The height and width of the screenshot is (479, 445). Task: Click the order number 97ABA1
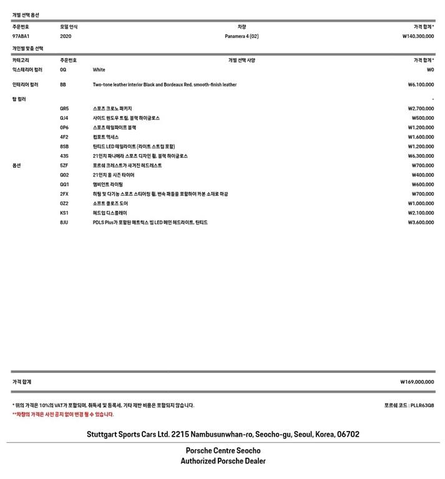point(21,36)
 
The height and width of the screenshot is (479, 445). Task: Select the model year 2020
point(66,36)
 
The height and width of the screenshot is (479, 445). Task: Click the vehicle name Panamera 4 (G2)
point(242,36)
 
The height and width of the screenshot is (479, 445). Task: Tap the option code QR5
point(64,108)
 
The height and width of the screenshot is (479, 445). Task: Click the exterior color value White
point(99,70)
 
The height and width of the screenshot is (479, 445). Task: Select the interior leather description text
point(165,84)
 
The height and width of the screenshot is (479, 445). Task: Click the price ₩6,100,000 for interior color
point(421,84)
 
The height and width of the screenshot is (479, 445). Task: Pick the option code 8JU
point(64,222)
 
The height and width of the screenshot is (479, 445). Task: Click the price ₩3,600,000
point(421,222)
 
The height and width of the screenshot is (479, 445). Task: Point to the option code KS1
point(64,213)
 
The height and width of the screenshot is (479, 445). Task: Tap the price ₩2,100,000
point(421,213)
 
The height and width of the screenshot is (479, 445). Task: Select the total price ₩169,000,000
point(417,382)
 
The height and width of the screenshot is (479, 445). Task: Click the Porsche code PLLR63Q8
point(409,405)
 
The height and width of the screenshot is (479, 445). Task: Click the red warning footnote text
point(63,414)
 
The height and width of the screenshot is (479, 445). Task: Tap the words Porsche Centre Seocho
point(223,450)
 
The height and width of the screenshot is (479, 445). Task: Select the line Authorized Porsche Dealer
point(223,461)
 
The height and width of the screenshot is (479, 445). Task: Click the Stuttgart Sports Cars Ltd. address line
point(223,434)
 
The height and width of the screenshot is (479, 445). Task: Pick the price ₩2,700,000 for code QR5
point(421,108)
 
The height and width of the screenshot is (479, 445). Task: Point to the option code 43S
point(64,156)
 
